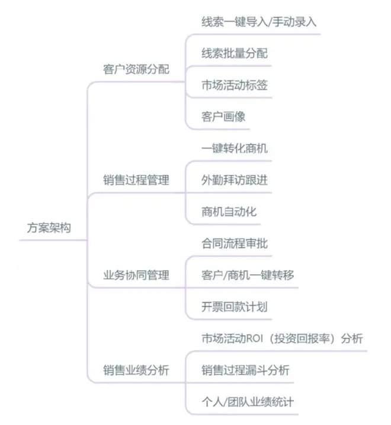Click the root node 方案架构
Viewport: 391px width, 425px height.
pyautogui.click(x=49, y=228)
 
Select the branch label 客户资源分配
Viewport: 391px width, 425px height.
pyautogui.click(x=136, y=69)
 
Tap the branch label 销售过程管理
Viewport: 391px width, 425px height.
pyautogui.click(x=136, y=180)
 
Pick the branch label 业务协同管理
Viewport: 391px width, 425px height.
pyautogui.click(x=136, y=275)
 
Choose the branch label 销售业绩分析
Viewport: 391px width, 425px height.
pyautogui.click(x=136, y=370)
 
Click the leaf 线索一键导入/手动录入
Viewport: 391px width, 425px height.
pyautogui.click(x=259, y=22)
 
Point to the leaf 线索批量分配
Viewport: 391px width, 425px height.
pyautogui.click(x=235, y=53)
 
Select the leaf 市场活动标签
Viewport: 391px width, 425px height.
pyautogui.click(x=235, y=85)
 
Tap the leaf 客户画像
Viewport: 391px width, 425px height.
pyautogui.click(x=223, y=117)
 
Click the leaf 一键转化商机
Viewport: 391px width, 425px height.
pyautogui.click(x=235, y=148)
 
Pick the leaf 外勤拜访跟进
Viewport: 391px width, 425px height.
pyautogui.click(x=235, y=180)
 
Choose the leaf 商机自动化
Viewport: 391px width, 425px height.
pyautogui.click(x=229, y=212)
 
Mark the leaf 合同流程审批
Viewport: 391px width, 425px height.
pyautogui.click(x=235, y=243)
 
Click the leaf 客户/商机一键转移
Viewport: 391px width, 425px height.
pyautogui.click(x=248, y=275)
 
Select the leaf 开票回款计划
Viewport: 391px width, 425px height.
pyautogui.click(x=235, y=307)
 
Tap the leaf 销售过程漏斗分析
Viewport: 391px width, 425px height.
pyautogui.click(x=246, y=370)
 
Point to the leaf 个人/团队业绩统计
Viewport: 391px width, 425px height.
pyautogui.click(x=248, y=402)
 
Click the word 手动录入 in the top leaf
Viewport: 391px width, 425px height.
pyautogui.click(x=294, y=22)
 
